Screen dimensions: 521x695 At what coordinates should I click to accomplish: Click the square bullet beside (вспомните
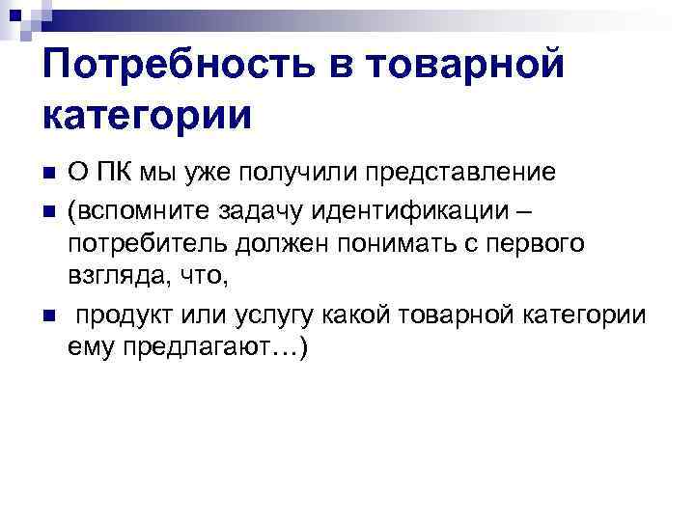[46, 208]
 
